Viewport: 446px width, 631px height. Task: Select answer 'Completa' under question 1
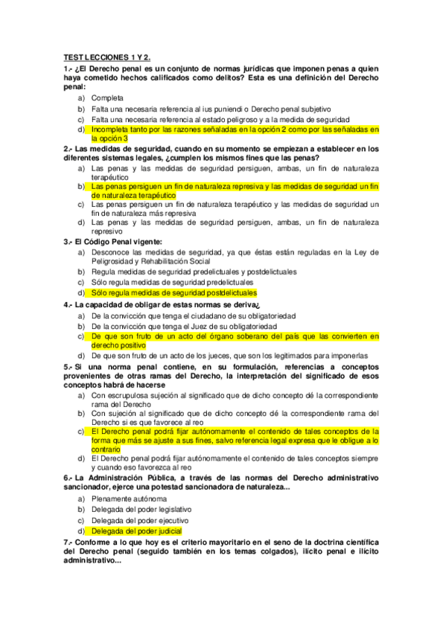(107, 97)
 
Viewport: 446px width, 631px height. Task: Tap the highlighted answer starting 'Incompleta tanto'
(235, 129)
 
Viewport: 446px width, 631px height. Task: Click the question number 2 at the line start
(67, 148)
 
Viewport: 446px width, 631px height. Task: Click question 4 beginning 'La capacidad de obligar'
(162, 304)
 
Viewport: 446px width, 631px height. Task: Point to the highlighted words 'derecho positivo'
(118, 345)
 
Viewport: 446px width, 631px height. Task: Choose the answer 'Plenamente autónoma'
(129, 498)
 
